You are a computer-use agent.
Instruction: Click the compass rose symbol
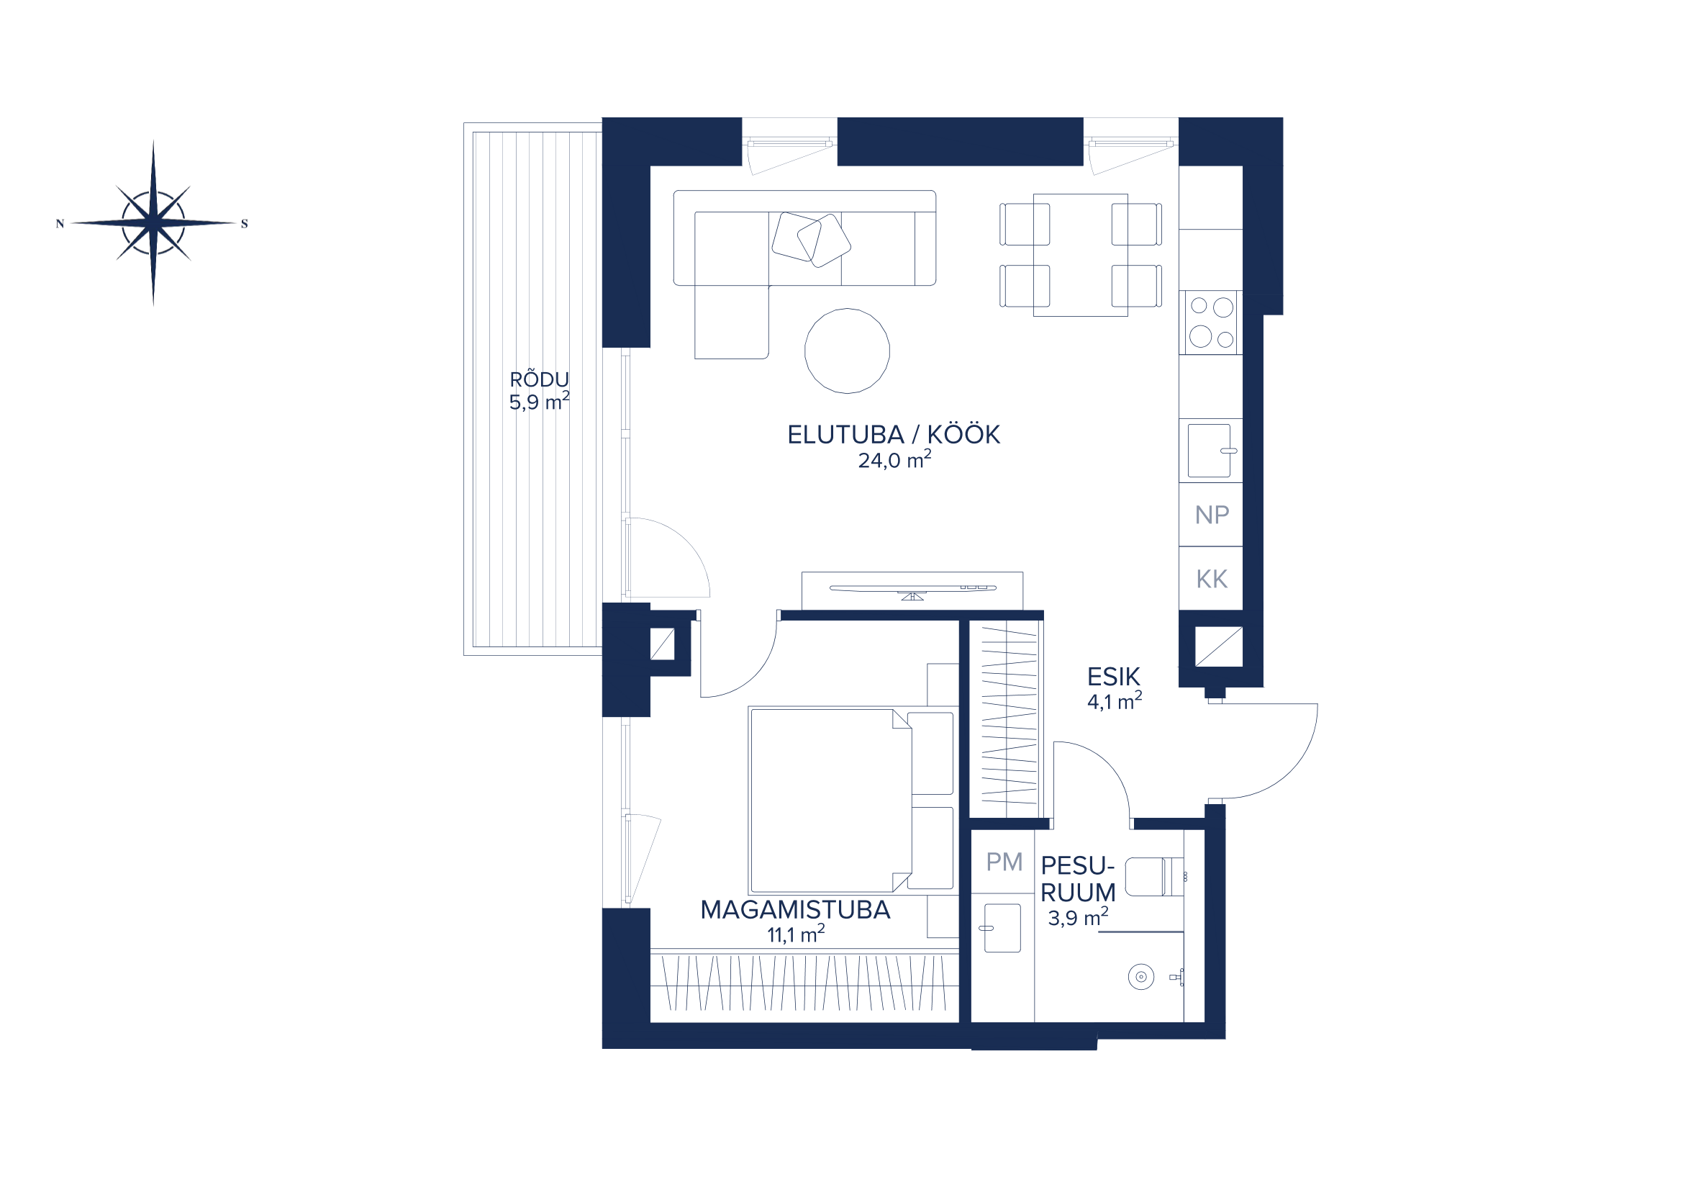point(153,223)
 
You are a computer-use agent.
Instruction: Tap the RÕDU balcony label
point(539,380)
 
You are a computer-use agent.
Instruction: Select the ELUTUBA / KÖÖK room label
point(893,435)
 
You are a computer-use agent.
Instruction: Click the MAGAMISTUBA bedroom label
point(795,910)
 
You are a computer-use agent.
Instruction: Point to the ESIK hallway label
point(1113,677)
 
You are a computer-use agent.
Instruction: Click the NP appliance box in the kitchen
point(1211,515)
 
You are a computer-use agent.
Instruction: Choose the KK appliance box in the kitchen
point(1211,579)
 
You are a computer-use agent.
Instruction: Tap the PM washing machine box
point(1004,862)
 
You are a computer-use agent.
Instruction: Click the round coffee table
point(848,351)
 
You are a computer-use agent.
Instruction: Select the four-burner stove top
point(1211,323)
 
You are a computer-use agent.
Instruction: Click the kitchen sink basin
point(1210,451)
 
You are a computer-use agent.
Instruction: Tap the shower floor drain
point(1140,977)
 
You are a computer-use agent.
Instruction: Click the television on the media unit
point(912,590)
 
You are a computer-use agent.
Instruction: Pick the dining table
point(1081,255)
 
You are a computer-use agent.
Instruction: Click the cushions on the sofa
point(811,238)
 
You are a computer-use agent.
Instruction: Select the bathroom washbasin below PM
point(1002,928)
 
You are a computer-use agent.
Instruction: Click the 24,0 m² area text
point(894,460)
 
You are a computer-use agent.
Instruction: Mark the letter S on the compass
point(244,224)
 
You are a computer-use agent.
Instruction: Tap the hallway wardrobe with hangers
point(1010,718)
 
